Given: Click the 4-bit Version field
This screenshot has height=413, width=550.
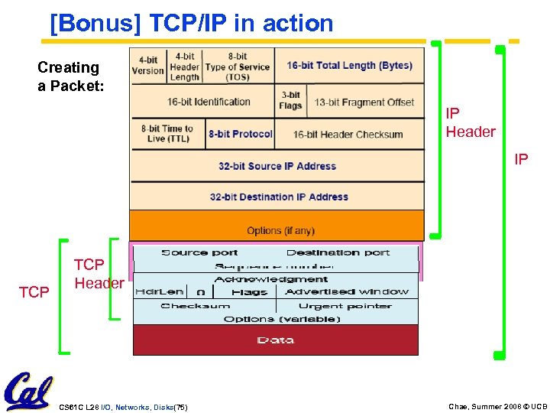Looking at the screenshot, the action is click(147, 65).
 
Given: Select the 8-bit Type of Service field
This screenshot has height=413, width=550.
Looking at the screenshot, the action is click(238, 66).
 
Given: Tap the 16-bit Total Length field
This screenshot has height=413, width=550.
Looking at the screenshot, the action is click(349, 66).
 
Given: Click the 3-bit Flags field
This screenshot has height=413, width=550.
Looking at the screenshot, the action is click(290, 100).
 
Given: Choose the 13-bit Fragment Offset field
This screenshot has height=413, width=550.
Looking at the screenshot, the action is click(364, 102).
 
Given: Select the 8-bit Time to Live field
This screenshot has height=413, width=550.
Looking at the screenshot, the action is click(168, 133).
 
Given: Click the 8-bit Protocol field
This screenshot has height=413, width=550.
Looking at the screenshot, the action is click(240, 134).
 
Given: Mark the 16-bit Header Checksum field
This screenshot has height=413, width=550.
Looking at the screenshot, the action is click(348, 134).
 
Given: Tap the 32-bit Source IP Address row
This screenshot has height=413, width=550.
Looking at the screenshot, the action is click(277, 165).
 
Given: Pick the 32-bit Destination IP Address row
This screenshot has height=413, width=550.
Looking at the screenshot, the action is click(277, 197).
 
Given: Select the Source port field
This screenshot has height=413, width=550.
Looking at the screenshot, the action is click(199, 253).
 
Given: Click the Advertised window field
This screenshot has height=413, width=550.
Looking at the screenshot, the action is click(347, 291).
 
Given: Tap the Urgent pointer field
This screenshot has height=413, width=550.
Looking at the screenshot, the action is click(345, 306).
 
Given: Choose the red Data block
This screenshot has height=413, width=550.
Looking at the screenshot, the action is click(276, 340).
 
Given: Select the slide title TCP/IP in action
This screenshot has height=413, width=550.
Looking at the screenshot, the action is click(191, 23).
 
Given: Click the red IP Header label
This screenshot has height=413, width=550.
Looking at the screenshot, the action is click(470, 122).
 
